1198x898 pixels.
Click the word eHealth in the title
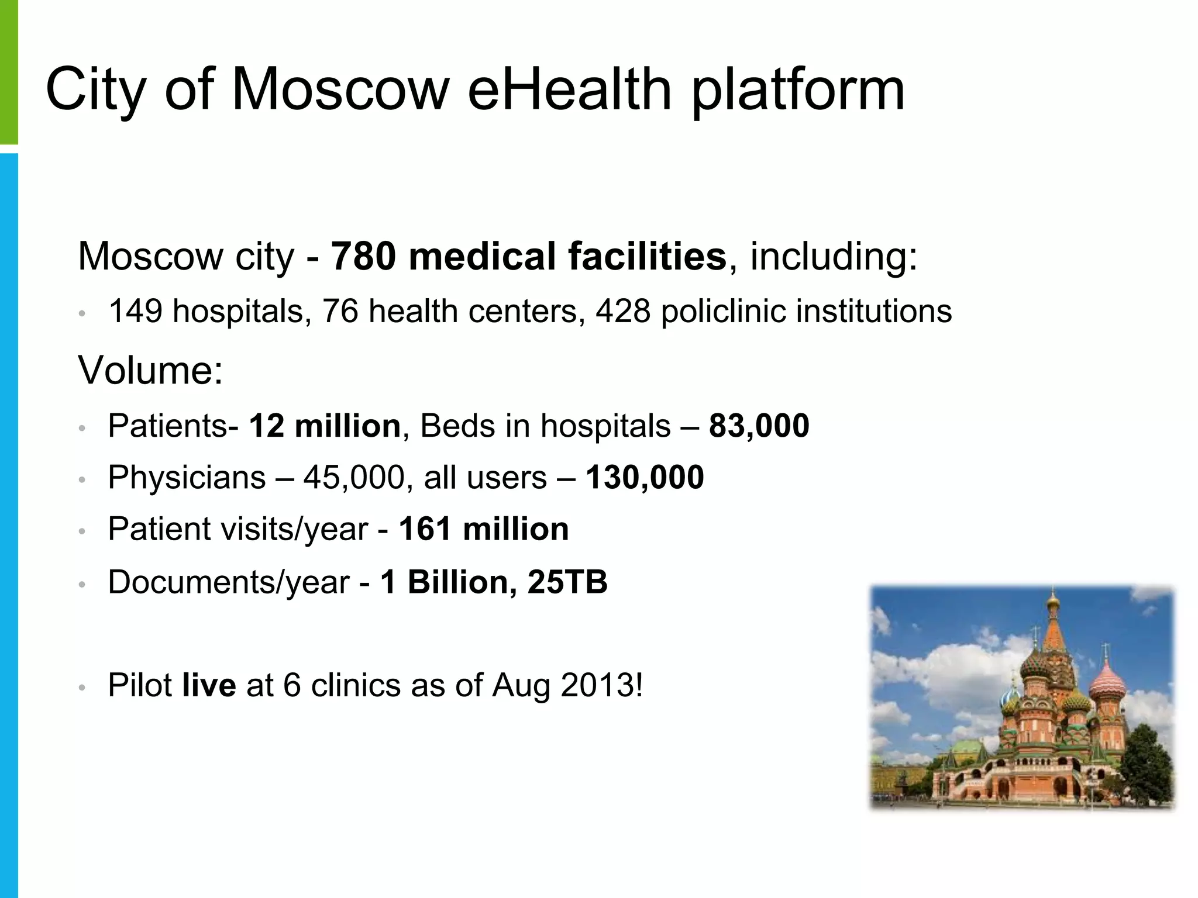coord(569,89)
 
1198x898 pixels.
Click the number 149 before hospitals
coord(135,310)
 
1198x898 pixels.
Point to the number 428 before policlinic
coord(622,310)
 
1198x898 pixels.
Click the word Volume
coord(150,370)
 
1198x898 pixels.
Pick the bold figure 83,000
coord(759,425)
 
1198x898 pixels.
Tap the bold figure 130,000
coord(645,477)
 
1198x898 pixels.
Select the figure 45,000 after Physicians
coord(354,477)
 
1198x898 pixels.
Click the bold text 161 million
coord(484,529)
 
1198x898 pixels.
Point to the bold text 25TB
coord(567,582)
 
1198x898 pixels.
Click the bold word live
coord(209,685)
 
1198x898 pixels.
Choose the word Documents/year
coord(228,583)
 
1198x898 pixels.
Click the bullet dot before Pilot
coord(82,688)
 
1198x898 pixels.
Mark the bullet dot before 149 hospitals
coord(82,313)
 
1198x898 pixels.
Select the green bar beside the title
coord(9,70)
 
